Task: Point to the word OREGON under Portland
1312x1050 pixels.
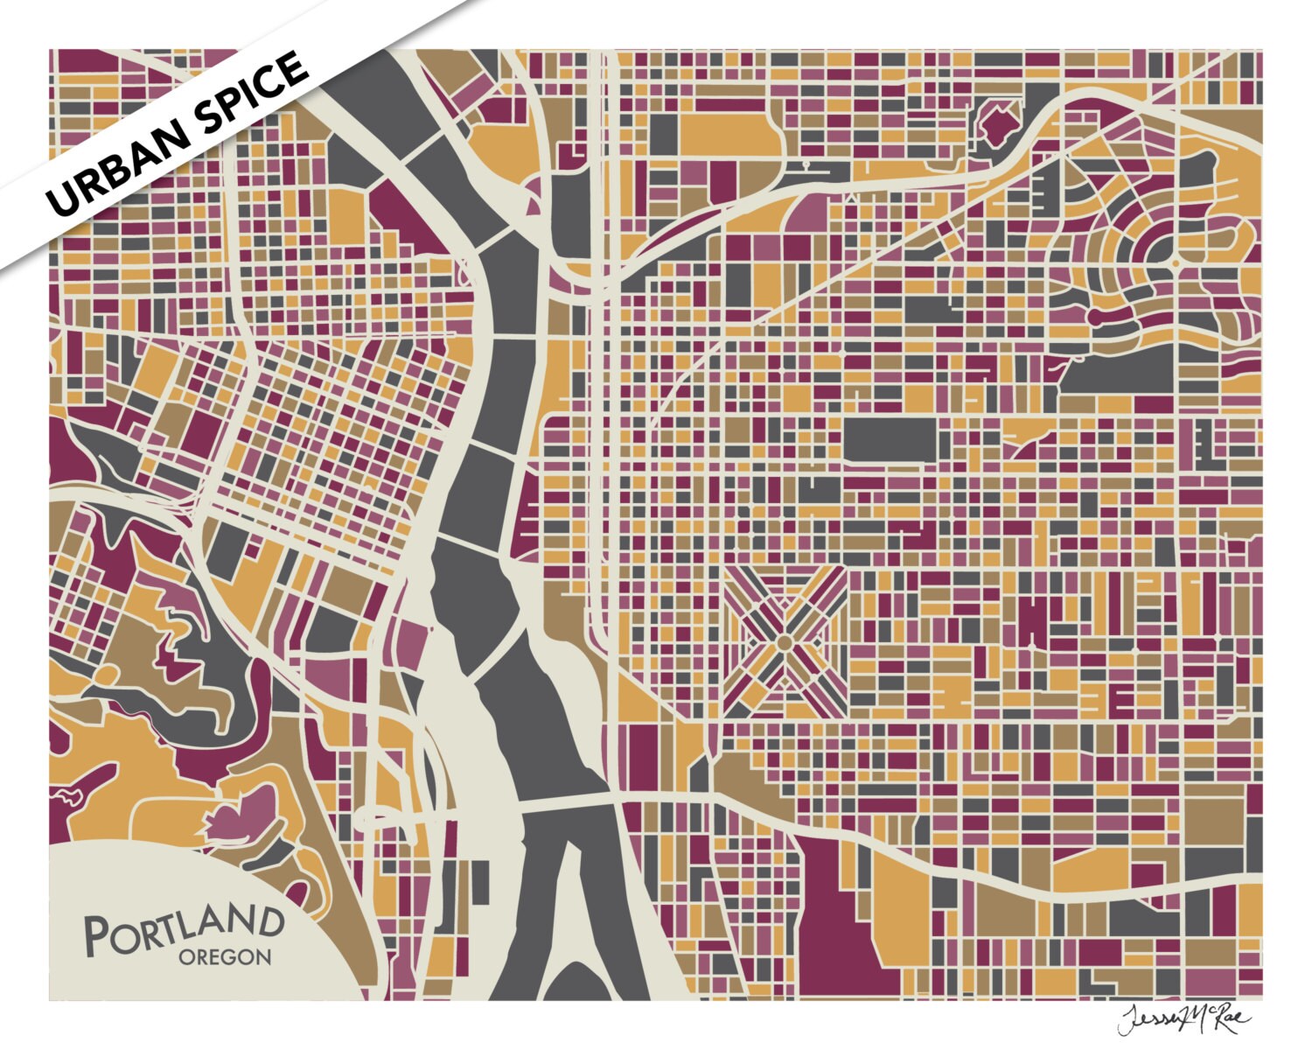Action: point(225,957)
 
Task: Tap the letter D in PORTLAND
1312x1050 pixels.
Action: point(269,920)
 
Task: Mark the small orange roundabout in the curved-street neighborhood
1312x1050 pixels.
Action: point(1176,262)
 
